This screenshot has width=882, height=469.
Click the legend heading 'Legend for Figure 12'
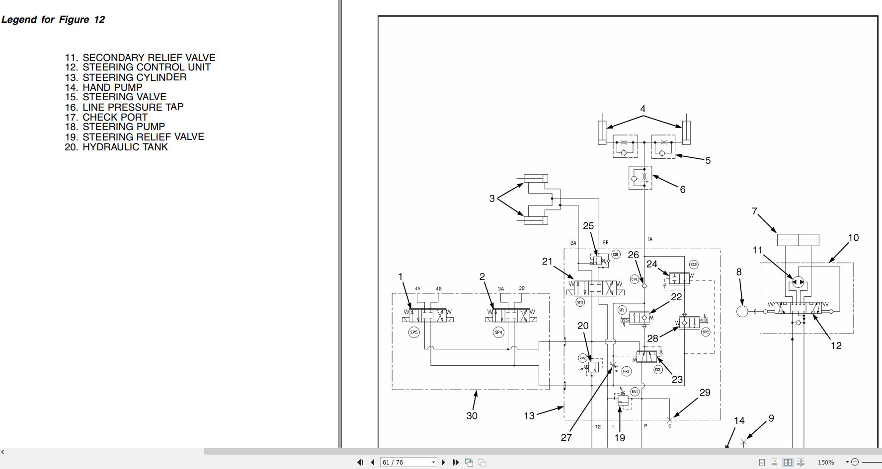click(53, 20)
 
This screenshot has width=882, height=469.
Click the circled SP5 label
click(413, 333)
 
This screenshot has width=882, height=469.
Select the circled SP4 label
click(498, 333)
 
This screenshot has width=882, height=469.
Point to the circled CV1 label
click(634, 279)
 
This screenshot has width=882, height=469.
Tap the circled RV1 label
click(635, 392)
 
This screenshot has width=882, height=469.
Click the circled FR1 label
click(626, 371)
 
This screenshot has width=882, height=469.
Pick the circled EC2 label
click(694, 265)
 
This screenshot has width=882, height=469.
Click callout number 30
click(472, 416)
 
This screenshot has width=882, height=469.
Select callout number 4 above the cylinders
click(643, 109)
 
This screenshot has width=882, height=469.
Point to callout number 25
click(588, 226)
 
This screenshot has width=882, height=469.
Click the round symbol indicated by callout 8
click(742, 311)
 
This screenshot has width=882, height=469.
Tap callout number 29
click(705, 393)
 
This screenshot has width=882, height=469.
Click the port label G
click(670, 426)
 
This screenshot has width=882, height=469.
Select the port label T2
click(598, 426)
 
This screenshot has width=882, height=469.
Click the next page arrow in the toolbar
click(444, 462)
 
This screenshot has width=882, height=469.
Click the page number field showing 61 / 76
click(405, 462)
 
